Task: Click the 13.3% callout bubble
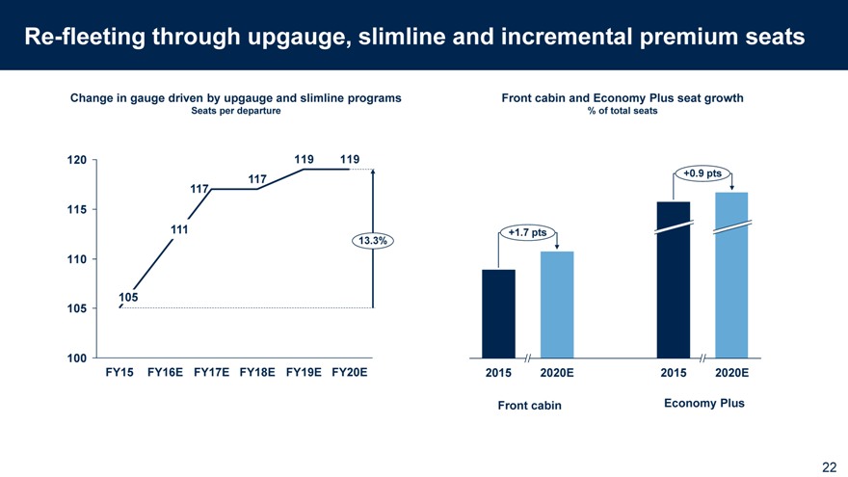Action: click(373, 241)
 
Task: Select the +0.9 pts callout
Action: click(702, 173)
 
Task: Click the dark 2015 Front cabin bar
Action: click(498, 312)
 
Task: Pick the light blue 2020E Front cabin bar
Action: click(557, 304)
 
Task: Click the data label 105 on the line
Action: click(129, 298)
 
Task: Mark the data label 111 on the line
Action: click(179, 229)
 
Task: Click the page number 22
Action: click(829, 466)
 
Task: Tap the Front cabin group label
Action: click(528, 406)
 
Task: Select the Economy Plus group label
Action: click(704, 403)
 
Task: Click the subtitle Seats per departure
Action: click(236, 112)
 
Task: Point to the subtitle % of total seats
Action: click(622, 112)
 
